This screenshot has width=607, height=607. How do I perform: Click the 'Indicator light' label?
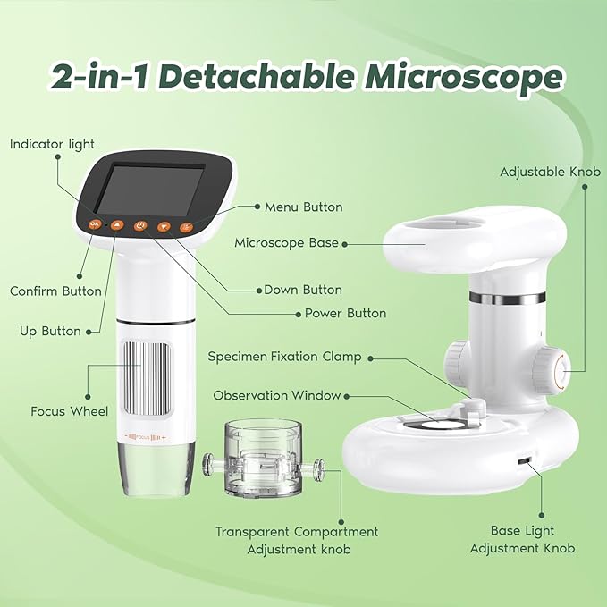(x=52, y=144)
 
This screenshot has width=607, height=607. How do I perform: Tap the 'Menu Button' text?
(x=303, y=207)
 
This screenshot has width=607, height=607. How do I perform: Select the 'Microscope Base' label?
(x=286, y=242)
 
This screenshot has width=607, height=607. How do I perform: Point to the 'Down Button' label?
(x=303, y=290)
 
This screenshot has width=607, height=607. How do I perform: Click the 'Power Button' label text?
(x=345, y=313)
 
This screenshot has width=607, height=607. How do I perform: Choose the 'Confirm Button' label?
(x=55, y=291)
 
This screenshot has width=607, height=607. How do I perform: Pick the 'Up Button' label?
(x=50, y=331)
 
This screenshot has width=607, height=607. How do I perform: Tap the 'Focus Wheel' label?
(x=70, y=411)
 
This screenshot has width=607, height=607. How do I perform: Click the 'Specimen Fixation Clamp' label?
(x=284, y=357)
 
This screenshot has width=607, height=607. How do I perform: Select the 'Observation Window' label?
(x=276, y=395)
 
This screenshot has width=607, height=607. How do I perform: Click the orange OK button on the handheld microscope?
(x=96, y=223)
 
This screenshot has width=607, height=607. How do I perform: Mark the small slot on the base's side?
(x=525, y=462)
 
